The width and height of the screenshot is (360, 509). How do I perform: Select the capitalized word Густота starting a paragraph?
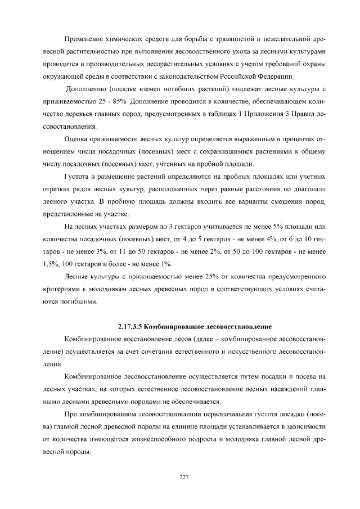coord(78,177)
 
